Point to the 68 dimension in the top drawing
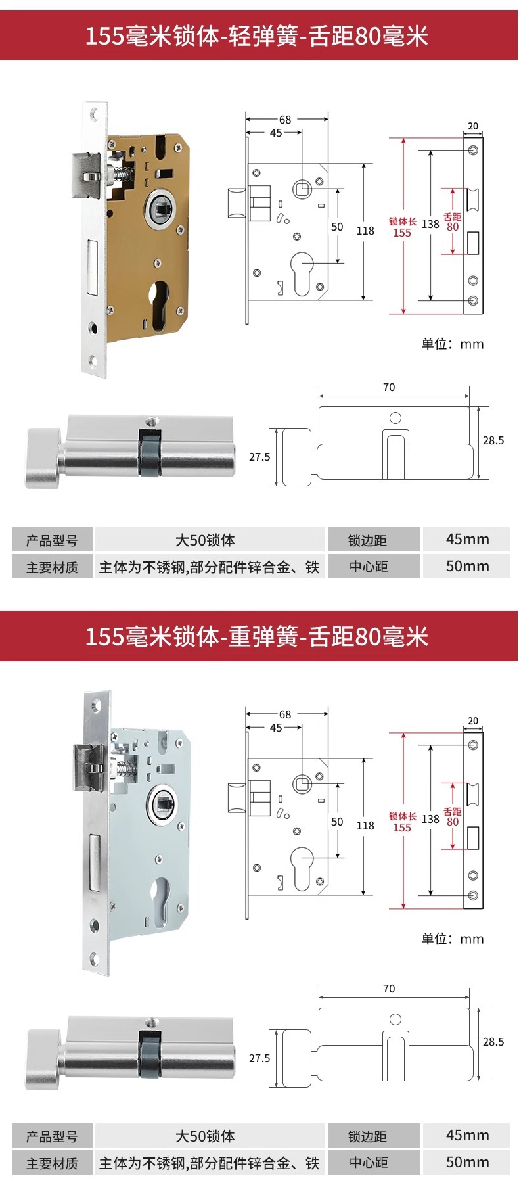coord(285,120)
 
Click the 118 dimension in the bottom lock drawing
coord(365,826)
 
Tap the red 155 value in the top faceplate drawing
coord(402,233)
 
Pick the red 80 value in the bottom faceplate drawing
coord(453,822)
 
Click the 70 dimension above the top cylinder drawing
coord(389,388)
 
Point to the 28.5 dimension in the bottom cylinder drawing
coord(493,1042)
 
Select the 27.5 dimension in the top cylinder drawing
coord(259,457)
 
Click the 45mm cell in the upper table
coord(467,540)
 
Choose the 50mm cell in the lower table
coord(467,1161)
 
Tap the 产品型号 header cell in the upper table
coord(52,540)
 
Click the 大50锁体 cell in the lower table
coord(206,1136)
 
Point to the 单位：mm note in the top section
coord(452,344)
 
